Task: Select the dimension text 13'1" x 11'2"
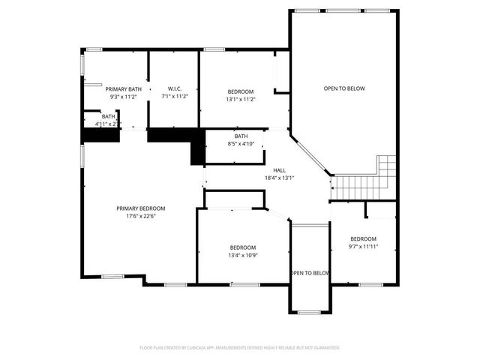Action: click(241, 99)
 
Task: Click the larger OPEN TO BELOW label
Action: click(343, 88)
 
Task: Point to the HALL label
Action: click(279, 170)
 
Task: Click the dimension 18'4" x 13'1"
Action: click(279, 178)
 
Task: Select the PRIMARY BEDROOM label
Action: click(140, 208)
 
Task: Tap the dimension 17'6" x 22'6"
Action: click(140, 217)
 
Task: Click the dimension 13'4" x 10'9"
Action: click(242, 255)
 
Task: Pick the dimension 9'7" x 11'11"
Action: click(364, 246)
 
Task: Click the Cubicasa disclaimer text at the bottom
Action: click(240, 347)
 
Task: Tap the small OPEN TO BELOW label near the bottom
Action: click(310, 273)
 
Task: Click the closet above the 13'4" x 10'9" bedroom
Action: click(234, 199)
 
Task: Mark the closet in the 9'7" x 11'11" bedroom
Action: click(380, 209)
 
